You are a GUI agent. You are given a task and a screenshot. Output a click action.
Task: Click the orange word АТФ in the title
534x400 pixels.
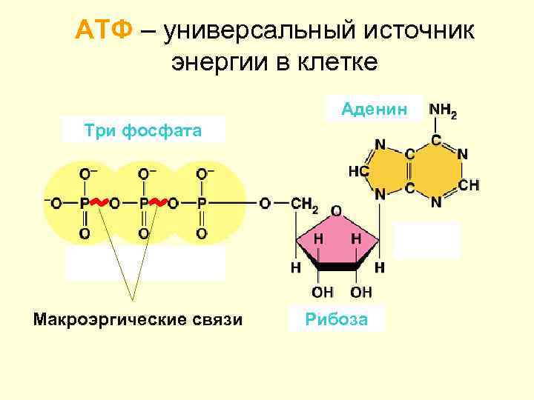[105, 30]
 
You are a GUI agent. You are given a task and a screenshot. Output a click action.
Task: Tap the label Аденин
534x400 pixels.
[375, 109]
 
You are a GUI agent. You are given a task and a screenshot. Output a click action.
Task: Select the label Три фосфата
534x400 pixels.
[143, 131]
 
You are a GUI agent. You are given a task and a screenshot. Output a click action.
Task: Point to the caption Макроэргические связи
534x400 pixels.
[138, 319]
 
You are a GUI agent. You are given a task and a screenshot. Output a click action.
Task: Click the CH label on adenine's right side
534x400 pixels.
[468, 184]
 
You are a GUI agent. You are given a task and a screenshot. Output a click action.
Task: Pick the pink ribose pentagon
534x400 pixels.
[337, 248]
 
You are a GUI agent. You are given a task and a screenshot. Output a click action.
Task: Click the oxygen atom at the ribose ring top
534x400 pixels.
[336, 211]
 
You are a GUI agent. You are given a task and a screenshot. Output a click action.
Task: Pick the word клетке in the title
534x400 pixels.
[339, 61]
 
